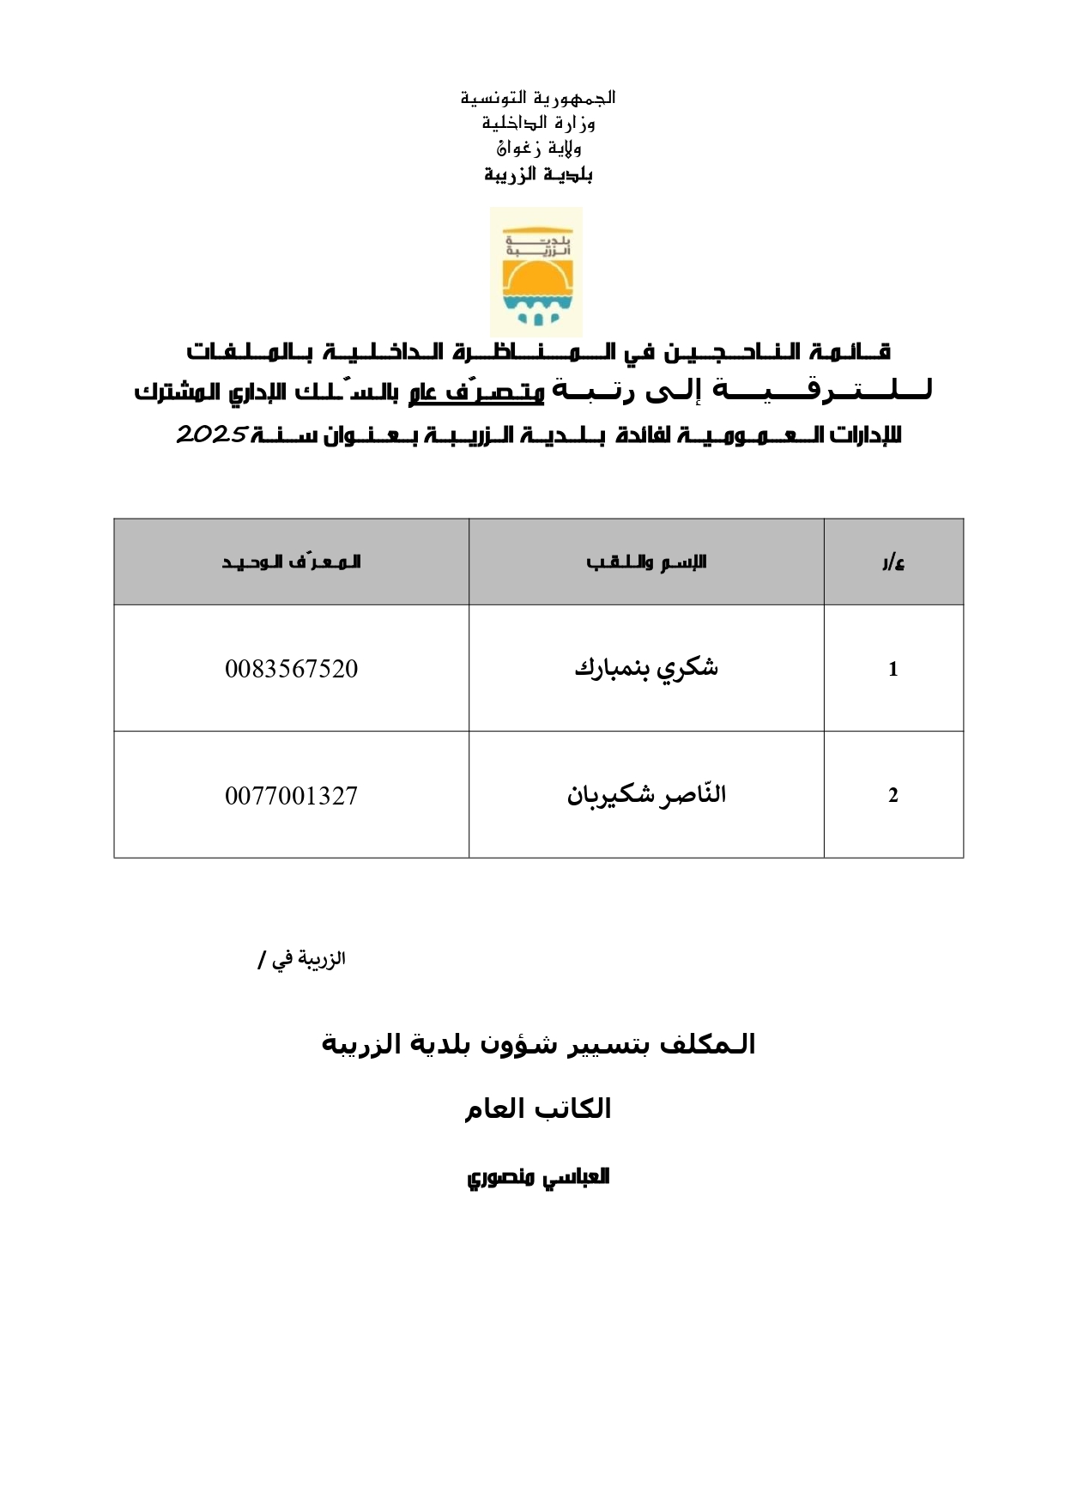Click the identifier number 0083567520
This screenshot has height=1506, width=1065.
click(x=291, y=669)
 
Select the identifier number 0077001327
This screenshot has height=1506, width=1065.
click(x=291, y=796)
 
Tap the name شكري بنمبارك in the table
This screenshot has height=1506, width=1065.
click(x=646, y=668)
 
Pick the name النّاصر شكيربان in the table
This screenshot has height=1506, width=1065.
click(x=646, y=795)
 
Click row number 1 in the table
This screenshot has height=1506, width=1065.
click(x=893, y=670)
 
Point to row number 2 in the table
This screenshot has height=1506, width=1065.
click(x=893, y=796)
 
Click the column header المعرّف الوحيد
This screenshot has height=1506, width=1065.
click(x=291, y=562)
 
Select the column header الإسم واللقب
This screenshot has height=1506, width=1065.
click(x=646, y=562)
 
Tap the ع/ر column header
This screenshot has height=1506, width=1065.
click(x=893, y=563)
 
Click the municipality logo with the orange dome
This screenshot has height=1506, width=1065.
click(x=536, y=273)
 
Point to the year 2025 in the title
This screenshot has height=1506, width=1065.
click(x=212, y=434)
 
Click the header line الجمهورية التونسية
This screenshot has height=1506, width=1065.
click(x=538, y=97)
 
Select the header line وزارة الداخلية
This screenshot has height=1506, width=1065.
click(x=538, y=123)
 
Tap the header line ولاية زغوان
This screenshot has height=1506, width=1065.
click(x=538, y=148)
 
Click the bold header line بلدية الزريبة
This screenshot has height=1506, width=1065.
click(x=538, y=174)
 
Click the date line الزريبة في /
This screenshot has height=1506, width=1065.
click(x=301, y=960)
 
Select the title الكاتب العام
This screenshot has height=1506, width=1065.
click(x=538, y=1108)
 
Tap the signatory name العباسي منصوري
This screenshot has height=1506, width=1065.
click(x=538, y=1176)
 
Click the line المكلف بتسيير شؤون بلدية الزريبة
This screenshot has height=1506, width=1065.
click(x=538, y=1044)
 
